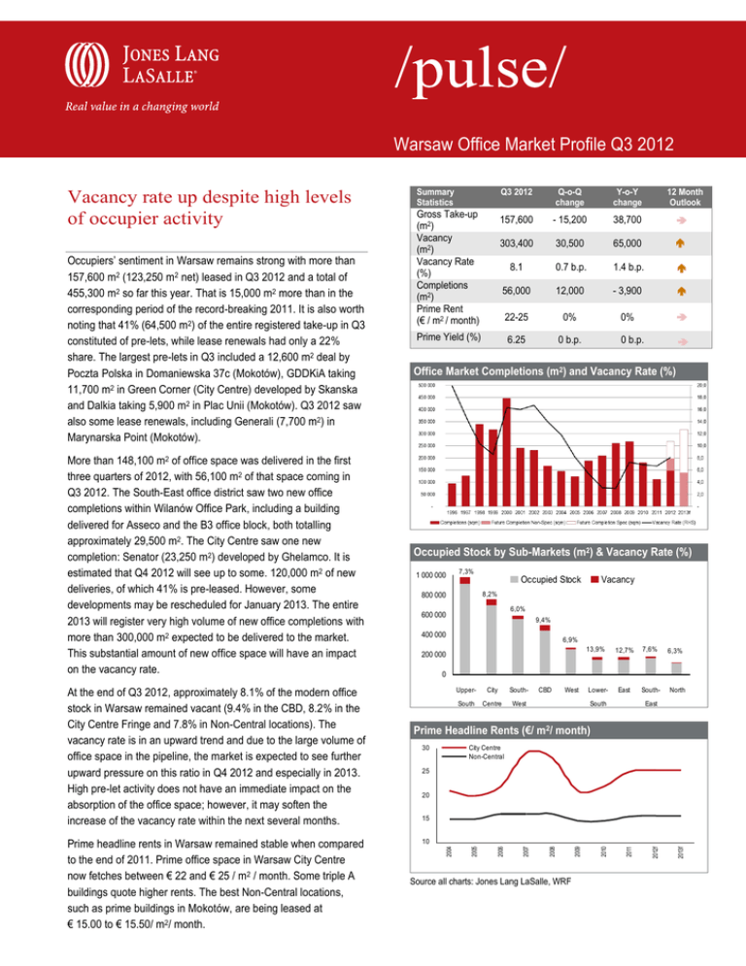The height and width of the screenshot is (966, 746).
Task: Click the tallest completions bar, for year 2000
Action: [x=506, y=448]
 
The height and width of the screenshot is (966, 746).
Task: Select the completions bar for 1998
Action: [x=478, y=461]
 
